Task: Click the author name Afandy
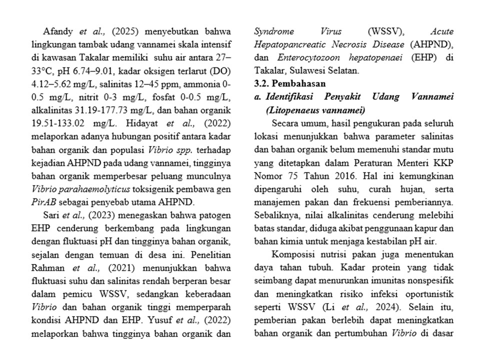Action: tap(59, 31)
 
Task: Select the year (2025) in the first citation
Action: tap(116, 31)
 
